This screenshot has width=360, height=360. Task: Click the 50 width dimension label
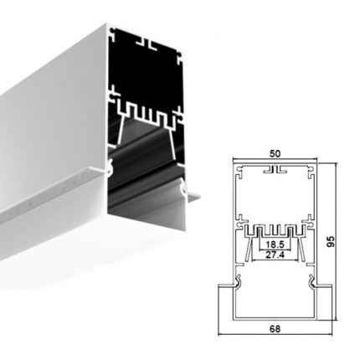click(275, 154)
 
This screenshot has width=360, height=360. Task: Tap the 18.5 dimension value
click(275, 244)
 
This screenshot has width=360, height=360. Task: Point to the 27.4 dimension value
click(275, 255)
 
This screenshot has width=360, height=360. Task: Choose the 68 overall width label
click(275, 329)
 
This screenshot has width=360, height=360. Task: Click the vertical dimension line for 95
click(337, 241)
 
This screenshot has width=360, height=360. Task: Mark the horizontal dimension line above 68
click(275, 334)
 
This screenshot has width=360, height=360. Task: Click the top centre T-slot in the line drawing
click(275, 170)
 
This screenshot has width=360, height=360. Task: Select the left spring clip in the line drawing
click(238, 281)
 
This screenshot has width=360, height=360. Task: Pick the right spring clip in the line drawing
click(312, 281)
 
